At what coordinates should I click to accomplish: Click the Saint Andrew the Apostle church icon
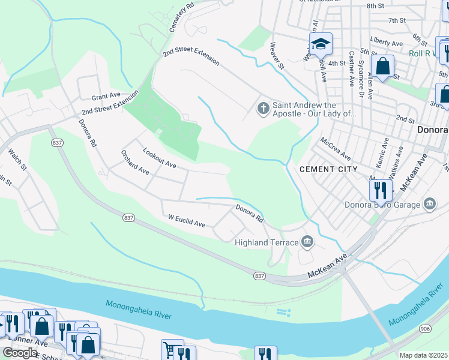point(262,108)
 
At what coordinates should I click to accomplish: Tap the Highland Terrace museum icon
point(307,242)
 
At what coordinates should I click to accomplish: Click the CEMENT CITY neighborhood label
point(328,169)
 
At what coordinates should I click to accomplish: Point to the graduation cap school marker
point(321,44)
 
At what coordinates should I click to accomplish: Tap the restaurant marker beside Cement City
point(381,191)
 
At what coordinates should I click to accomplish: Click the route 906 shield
point(425,328)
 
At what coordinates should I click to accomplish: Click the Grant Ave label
point(106,96)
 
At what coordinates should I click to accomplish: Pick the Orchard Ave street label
point(134,162)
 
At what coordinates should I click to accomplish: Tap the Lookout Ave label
point(159,156)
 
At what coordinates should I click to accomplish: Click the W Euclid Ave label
point(187,221)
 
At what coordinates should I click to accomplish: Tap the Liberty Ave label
point(387,43)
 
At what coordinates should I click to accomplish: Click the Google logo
point(20,353)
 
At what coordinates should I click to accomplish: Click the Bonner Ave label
point(24,342)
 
